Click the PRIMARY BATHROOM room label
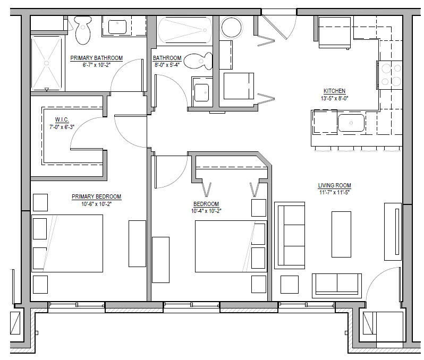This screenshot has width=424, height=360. coord(96,58)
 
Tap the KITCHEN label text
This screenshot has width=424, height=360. coord(334,91)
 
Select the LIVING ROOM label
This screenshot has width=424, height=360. coord(334,185)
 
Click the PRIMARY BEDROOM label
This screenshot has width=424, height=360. coord(96,196)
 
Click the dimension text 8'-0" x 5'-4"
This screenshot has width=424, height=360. coord(167,65)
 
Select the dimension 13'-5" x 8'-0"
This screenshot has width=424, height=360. coord(334,98)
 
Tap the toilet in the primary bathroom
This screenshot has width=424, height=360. coord(82,30)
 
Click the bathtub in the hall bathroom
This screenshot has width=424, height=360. coord(184,30)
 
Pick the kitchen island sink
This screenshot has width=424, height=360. coord(351,123)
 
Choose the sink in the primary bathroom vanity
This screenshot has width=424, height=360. coord(115,27)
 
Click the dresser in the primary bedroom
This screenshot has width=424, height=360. coord(137,244)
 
